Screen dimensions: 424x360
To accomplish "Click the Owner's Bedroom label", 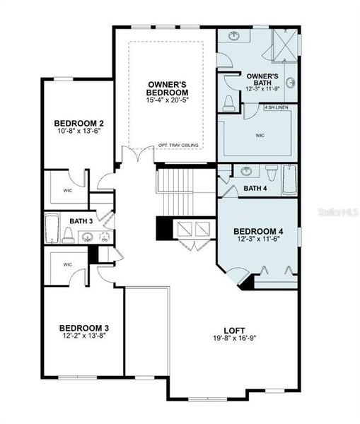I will (168, 88).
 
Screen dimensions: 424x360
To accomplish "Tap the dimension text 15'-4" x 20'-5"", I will (168, 100).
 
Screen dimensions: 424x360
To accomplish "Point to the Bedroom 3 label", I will (83, 327).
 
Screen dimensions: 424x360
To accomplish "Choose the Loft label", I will (233, 329).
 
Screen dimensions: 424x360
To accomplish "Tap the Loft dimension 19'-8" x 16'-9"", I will (233, 338).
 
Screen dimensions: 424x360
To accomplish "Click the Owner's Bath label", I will (262, 79).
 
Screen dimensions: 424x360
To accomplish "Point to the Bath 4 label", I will (255, 189).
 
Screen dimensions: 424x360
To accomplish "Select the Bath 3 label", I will (81, 221).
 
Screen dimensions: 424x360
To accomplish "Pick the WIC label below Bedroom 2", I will (68, 190).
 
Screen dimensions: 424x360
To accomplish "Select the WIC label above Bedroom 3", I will (68, 264).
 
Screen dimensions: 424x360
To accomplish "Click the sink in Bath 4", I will (245, 172).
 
